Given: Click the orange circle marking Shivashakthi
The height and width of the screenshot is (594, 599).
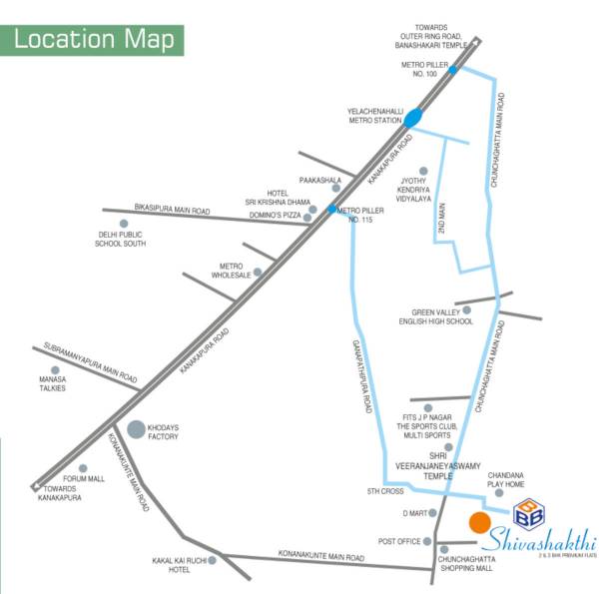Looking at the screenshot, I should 478,522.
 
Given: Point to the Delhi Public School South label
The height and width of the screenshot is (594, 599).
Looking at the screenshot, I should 122,239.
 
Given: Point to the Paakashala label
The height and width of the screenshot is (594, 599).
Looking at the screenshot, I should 320,181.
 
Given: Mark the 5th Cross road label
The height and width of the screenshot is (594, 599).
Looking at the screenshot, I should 384,491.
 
